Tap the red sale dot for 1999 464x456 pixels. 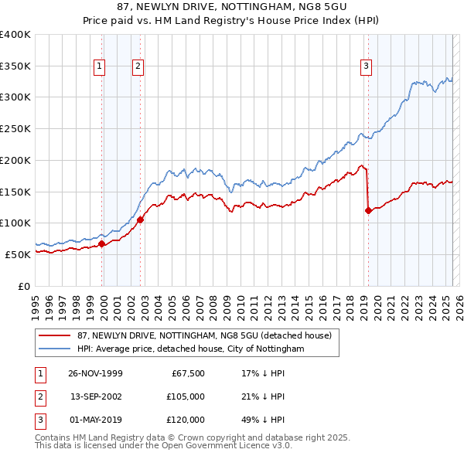click(x=102, y=243)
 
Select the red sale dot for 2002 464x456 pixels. click(x=140, y=219)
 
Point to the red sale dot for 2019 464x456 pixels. click(x=368, y=210)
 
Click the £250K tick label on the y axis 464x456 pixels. click(x=15, y=128)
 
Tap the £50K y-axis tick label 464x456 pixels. click(x=18, y=254)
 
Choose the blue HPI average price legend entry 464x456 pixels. click(x=191, y=349)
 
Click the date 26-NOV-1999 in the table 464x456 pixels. click(x=95, y=373)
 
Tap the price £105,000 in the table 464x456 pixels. click(x=186, y=396)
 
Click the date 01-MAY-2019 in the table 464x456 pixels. click(x=95, y=420)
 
